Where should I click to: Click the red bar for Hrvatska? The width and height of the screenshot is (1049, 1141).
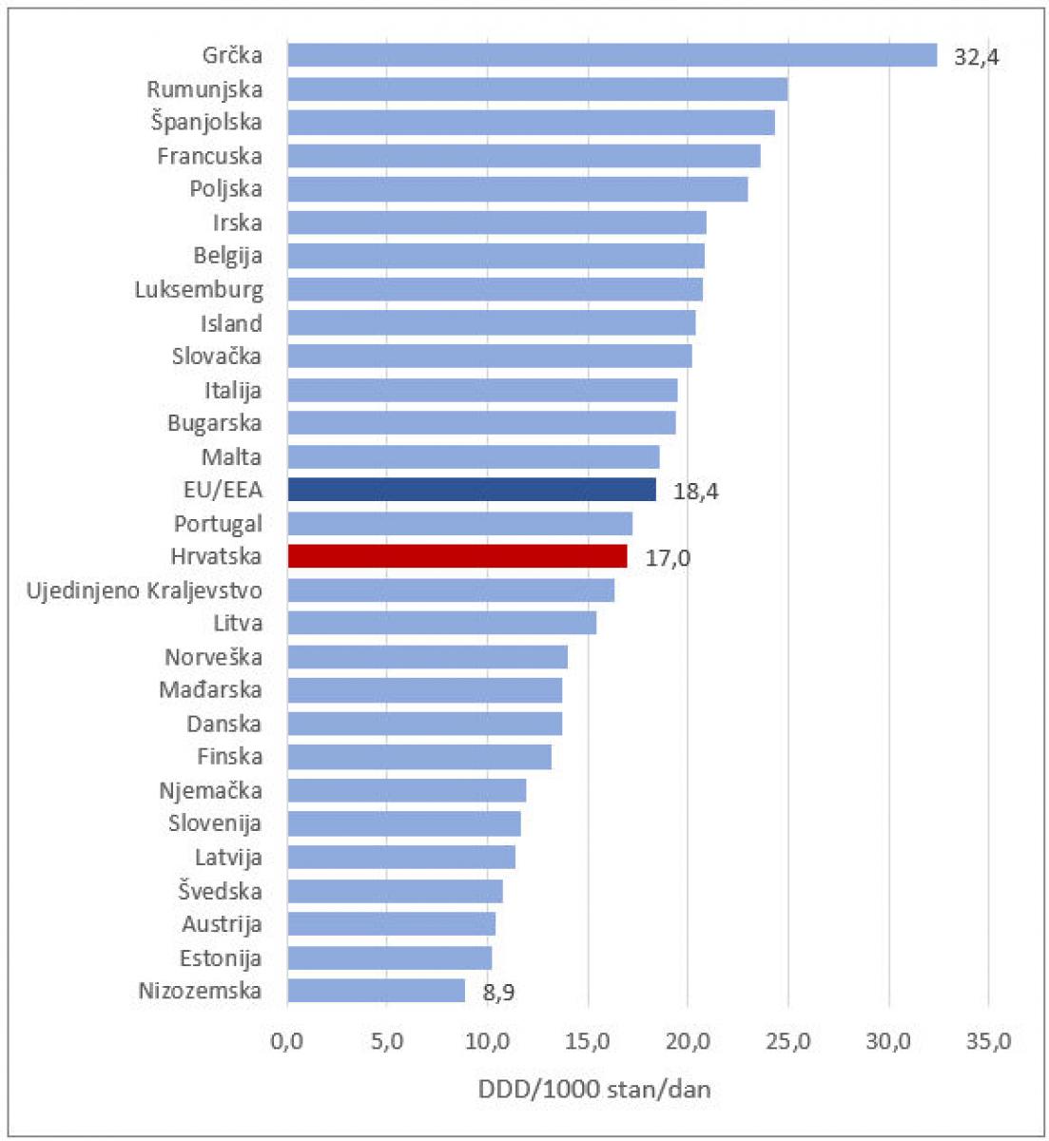[457, 556]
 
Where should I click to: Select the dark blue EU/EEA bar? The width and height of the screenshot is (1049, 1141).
[471, 490]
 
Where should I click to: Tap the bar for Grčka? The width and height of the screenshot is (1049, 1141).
[612, 55]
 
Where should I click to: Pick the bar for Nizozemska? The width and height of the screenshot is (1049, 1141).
[376, 991]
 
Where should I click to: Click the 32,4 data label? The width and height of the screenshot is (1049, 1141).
[977, 57]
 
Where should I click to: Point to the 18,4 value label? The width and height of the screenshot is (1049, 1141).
[695, 492]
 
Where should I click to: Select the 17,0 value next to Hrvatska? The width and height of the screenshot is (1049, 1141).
[668, 558]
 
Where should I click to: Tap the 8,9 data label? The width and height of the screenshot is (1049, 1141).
[499, 993]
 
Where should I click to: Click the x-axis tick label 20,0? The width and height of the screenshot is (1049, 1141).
[688, 1041]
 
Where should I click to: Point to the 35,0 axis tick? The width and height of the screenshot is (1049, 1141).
[988, 1041]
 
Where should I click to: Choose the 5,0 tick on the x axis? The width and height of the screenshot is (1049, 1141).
[387, 1041]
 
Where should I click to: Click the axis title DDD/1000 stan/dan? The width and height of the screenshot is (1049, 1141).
[594, 1089]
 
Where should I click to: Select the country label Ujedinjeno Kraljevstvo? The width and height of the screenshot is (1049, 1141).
[145, 590]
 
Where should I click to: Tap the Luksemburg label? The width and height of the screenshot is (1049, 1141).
[199, 290]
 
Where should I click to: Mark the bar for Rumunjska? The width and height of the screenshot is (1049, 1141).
[537, 88]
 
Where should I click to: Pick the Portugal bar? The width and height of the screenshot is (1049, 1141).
[459, 523]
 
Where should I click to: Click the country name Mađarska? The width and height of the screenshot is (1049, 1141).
[210, 690]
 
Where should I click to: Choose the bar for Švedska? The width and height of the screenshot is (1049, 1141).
[395, 891]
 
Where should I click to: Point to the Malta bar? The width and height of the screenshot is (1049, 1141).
[473, 456]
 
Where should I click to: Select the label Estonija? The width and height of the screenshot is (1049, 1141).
[221, 957]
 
